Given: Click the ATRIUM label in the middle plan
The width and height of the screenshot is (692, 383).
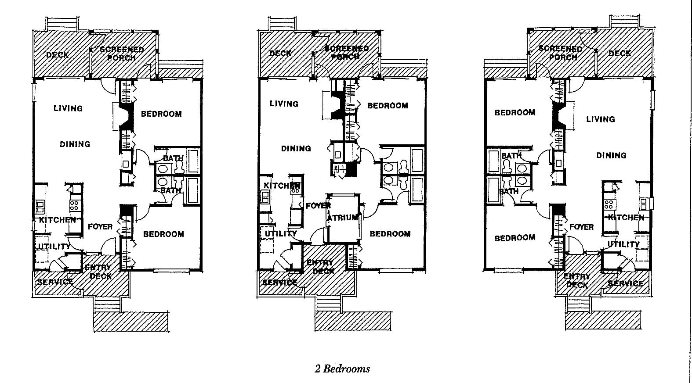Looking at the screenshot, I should coord(343,218).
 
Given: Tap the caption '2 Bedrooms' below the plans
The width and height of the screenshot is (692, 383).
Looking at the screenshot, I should coord(342,369).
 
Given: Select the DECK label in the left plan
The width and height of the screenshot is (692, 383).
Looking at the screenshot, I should coord(58,55).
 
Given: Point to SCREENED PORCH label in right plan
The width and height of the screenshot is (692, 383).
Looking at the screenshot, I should coord(561,53).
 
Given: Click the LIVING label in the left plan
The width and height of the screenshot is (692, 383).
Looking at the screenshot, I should coord(68,108).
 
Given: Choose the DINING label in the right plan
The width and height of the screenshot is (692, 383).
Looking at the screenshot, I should coord(611,155).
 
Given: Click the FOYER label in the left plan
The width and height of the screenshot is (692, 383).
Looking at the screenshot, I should coord(100,226).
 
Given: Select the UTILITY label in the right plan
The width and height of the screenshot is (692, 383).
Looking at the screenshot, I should coord(623,244).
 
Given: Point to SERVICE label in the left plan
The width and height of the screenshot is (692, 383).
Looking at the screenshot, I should coord(55,282).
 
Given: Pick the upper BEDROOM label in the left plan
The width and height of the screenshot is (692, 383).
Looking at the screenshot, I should coord(161,114).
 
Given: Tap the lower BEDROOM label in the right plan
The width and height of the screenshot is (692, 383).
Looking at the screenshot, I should coord(515,238).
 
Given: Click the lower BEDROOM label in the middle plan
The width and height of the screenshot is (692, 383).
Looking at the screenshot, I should coord(390,233).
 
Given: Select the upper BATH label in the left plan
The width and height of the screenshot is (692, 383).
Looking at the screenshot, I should coord(173,158).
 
